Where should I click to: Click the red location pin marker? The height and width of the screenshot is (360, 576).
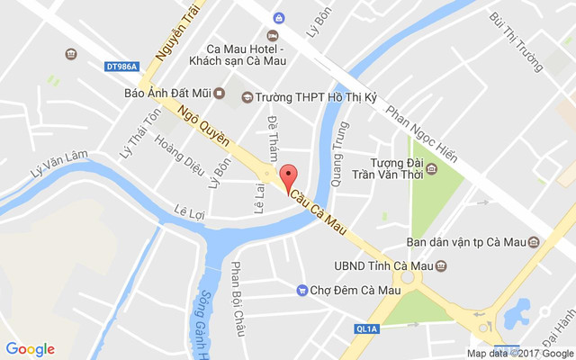coord(288,176)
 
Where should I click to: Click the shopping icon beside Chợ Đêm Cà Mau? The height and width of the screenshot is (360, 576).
coord(302,289)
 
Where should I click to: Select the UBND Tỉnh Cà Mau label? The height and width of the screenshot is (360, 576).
coord(378,266)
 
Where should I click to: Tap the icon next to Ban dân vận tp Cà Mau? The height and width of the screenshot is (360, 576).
coord(533,242)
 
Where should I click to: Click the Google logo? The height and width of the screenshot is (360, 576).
coord(30,349)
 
